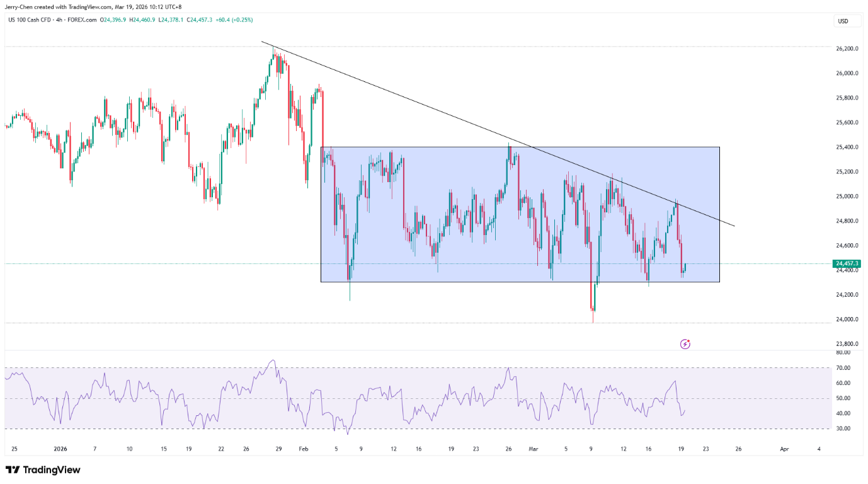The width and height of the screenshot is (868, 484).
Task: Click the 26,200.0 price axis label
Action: coord(847,49)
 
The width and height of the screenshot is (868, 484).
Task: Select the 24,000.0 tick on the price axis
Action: coord(847,319)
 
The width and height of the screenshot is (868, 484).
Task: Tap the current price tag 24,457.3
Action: coord(847,263)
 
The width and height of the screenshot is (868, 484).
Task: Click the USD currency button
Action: coord(842,21)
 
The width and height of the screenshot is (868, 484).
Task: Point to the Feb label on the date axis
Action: coord(304,449)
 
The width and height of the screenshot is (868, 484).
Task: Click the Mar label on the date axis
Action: coord(534,449)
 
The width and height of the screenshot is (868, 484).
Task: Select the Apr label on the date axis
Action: coord(784,449)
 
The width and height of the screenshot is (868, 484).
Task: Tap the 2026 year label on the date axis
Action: coord(60,449)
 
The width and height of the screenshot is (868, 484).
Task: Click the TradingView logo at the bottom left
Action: coord(43,470)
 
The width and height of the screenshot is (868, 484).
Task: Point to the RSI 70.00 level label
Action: coord(843,368)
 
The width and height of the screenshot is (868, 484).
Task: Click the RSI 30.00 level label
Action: coord(843,429)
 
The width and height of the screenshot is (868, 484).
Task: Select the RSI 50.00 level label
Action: coord(843,398)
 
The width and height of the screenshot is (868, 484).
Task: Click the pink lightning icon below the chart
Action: coord(685,344)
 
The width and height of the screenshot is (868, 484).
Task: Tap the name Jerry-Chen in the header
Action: coord(20,7)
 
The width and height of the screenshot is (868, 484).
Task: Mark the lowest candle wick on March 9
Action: coord(593,321)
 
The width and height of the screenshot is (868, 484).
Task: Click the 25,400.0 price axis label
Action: coord(847,147)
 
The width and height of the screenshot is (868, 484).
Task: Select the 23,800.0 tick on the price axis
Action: coord(847,343)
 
